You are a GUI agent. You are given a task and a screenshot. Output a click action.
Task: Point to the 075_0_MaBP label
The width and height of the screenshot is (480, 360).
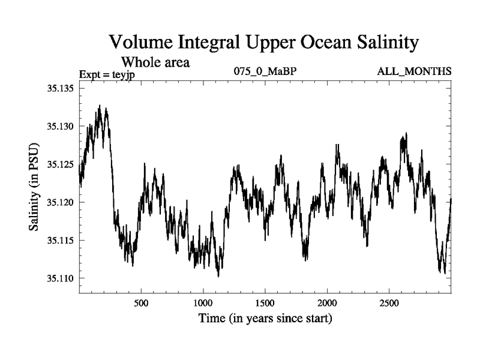click(x=265, y=72)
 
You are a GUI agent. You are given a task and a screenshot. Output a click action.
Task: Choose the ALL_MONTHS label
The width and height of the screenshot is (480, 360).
click(x=414, y=72)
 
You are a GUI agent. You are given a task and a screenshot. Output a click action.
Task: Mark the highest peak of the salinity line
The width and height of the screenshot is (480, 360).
click(x=100, y=106)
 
